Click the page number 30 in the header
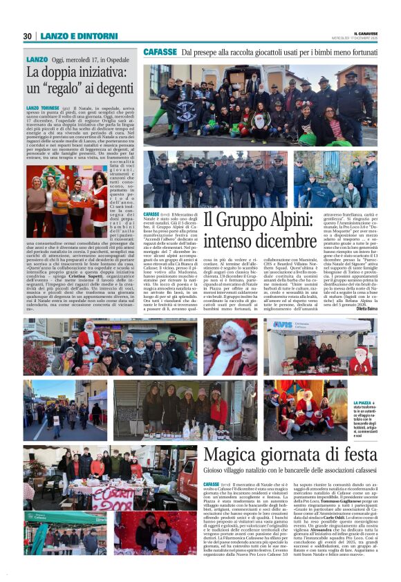pos(27,36)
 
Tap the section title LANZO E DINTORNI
pos(68,36)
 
